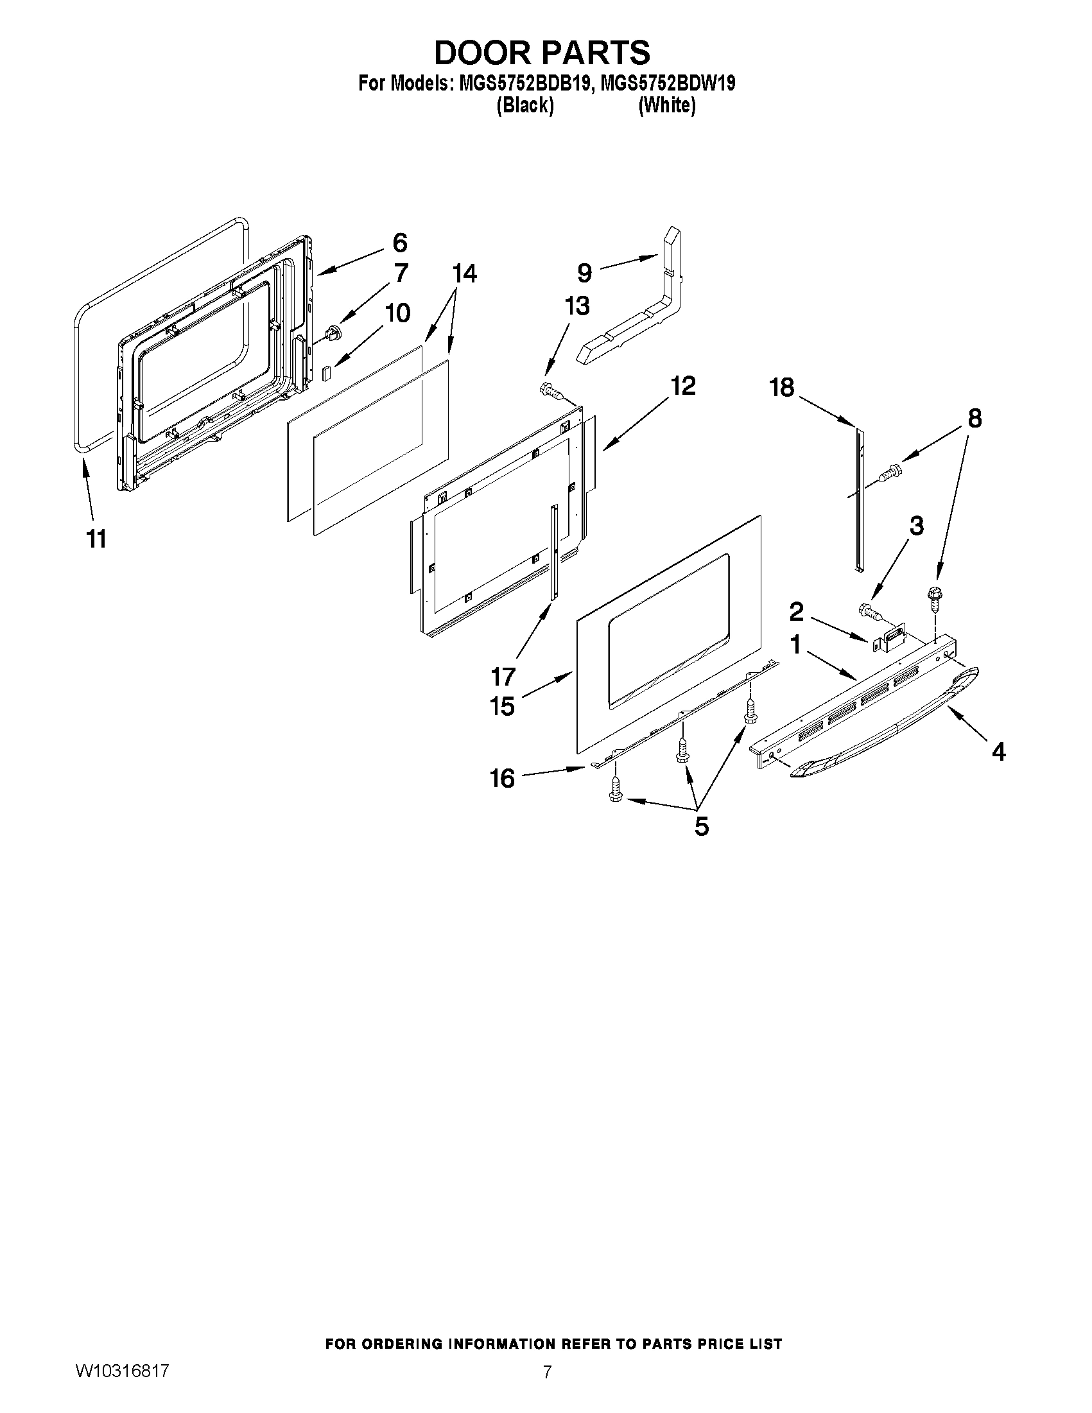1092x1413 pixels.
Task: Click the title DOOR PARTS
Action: tap(542, 53)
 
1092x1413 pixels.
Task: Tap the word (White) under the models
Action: tap(666, 105)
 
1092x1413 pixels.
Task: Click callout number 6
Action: tap(400, 243)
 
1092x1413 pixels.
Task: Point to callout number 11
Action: tap(96, 538)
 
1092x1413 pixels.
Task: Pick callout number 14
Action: tap(465, 273)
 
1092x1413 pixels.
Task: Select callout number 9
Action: tap(584, 272)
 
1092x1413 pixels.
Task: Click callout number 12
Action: tap(682, 386)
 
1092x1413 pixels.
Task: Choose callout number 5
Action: tap(701, 826)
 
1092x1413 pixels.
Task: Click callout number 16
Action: tap(502, 777)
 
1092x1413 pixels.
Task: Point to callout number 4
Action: tap(998, 751)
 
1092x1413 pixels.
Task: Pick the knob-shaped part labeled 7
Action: tap(333, 334)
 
